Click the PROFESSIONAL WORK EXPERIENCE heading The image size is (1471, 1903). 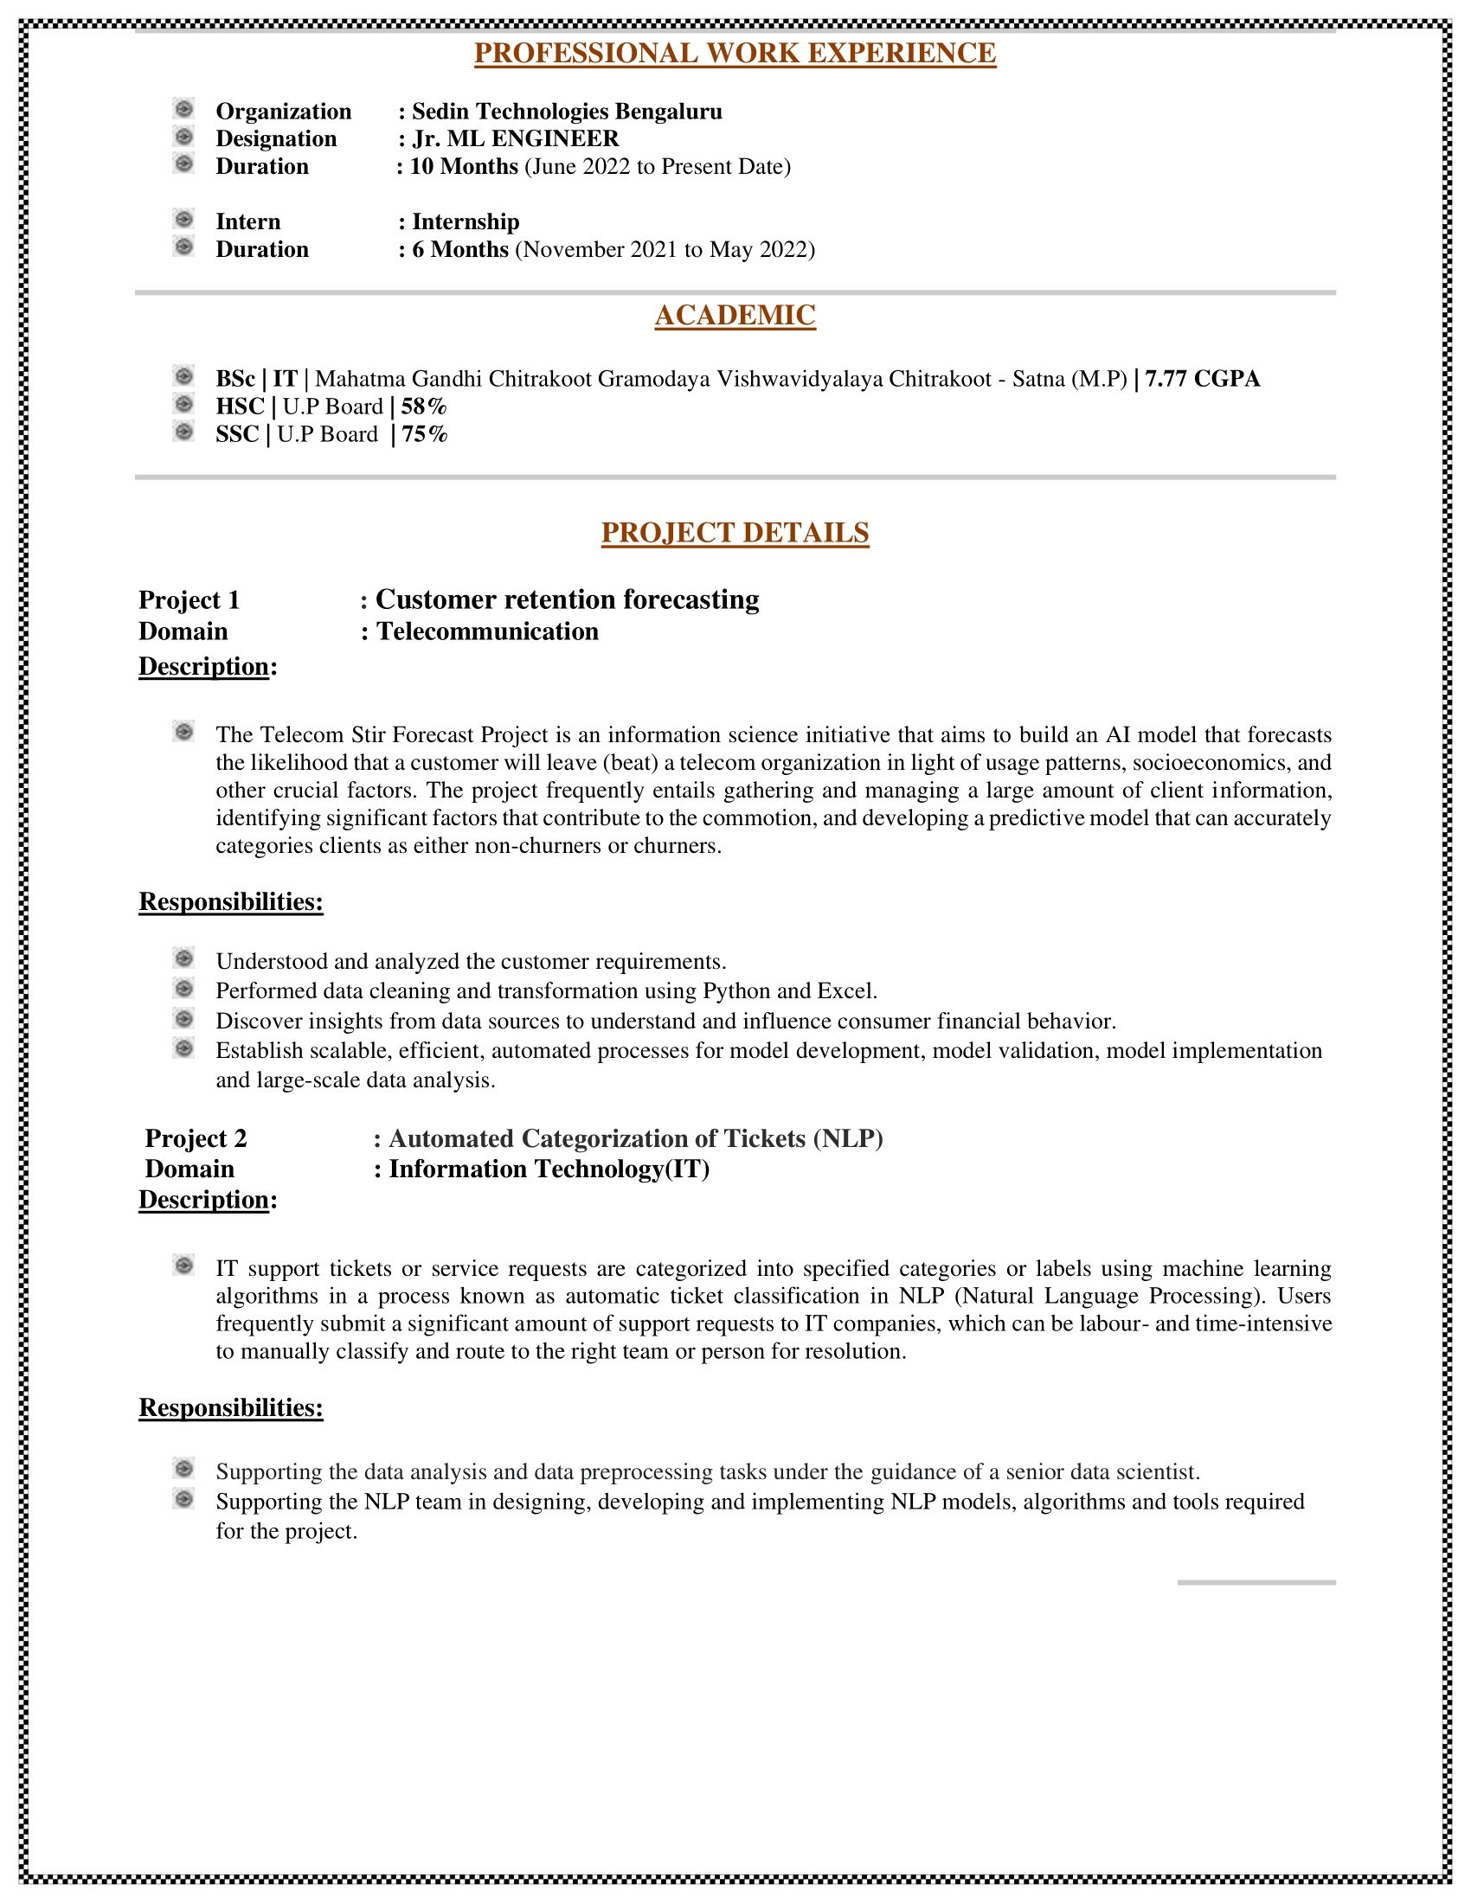click(735, 53)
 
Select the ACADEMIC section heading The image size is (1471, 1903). click(735, 316)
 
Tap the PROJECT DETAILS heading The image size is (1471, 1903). click(735, 532)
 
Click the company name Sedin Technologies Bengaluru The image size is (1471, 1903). click(567, 112)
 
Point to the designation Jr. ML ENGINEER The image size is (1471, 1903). click(515, 138)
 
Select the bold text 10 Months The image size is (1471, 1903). click(464, 166)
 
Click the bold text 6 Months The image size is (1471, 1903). click(460, 250)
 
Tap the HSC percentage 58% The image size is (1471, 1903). click(423, 407)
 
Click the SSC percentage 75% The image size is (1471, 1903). click(424, 435)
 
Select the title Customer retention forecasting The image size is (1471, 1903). click(567, 599)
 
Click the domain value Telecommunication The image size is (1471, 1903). click(487, 631)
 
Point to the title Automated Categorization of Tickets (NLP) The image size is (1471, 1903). click(635, 1139)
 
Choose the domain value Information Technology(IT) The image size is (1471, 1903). click(549, 1169)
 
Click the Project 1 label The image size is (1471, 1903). click(189, 600)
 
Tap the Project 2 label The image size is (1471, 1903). click(196, 1139)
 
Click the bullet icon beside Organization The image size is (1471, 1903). click(183, 110)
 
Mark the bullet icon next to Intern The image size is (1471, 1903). click(183, 220)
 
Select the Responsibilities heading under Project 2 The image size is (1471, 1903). click(231, 1408)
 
